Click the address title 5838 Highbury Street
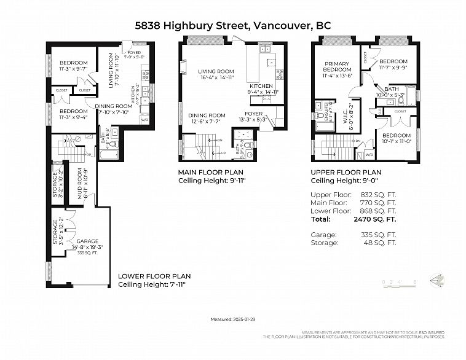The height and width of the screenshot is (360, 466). pos(191,26)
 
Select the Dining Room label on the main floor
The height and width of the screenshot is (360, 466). pos(207,118)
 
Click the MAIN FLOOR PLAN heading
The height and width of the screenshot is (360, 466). pos(210,173)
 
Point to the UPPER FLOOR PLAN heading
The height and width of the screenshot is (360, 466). pos(346,173)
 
